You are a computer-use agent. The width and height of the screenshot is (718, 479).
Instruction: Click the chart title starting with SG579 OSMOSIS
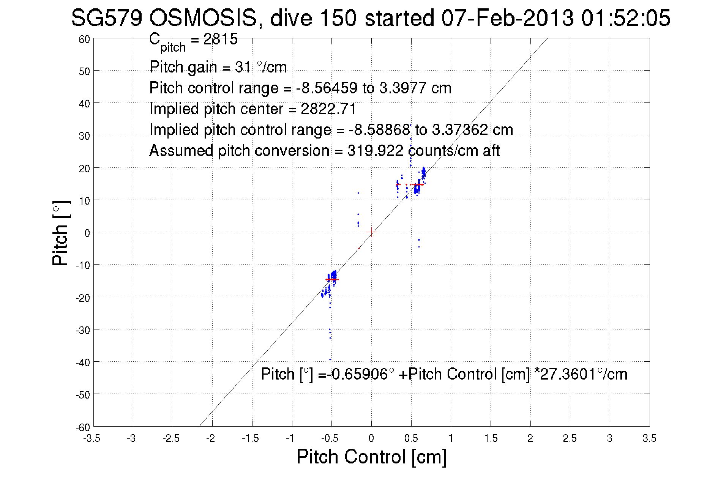[x=371, y=18]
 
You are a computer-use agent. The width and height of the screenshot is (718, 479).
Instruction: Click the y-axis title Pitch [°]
[x=61, y=233]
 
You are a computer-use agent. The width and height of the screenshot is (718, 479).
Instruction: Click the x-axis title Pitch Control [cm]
[x=371, y=457]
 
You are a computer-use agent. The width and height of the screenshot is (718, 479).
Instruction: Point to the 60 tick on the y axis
[x=85, y=39]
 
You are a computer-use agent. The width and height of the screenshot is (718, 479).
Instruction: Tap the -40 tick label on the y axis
[x=83, y=362]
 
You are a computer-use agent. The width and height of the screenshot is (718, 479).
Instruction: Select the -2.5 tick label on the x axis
[x=171, y=439]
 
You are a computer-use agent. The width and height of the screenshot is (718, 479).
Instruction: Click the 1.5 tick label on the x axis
[x=491, y=439]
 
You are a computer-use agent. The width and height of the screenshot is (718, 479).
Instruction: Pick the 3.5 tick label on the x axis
[x=649, y=439]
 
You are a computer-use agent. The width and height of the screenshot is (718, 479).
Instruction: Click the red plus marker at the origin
[x=371, y=232]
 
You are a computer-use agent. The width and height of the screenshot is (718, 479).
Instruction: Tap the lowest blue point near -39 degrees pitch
[x=330, y=359]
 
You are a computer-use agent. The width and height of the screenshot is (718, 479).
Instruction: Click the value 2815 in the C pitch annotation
[x=220, y=39]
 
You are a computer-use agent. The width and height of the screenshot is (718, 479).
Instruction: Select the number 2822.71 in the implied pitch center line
[x=328, y=109]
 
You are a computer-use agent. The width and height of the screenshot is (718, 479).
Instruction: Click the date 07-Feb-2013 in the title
[x=507, y=18]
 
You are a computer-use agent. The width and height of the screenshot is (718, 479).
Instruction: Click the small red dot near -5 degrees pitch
[x=359, y=248]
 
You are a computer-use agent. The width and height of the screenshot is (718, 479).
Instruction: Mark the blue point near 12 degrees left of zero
[x=358, y=193]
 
